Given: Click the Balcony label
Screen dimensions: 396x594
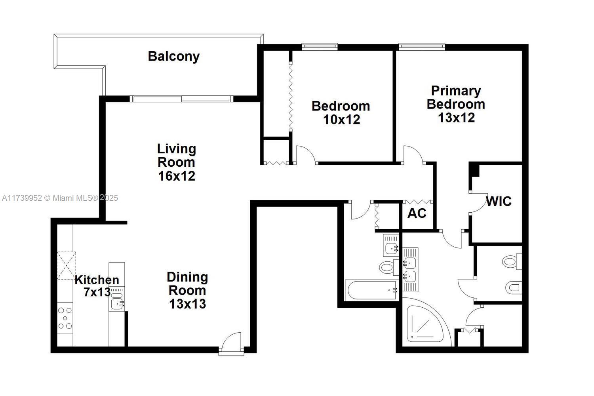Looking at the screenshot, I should point(173,56).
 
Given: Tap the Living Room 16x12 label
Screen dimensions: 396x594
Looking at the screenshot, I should point(177,162).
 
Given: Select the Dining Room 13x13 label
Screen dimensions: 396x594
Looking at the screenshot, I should point(187,290).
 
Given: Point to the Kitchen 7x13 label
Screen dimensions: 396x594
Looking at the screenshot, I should point(97,286).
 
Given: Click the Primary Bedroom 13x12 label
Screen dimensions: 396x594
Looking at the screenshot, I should point(456,104).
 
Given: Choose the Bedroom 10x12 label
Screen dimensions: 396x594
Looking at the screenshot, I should point(341,112).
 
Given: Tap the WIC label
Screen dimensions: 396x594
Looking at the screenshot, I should point(499,201).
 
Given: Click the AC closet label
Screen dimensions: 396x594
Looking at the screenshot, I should point(417,213).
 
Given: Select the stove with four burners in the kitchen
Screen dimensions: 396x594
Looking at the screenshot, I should point(65,318).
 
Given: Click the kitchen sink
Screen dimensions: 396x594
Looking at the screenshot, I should point(117,304).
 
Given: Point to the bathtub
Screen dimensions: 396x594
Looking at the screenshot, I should point(371,290).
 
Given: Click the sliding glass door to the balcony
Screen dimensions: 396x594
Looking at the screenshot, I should point(182,99).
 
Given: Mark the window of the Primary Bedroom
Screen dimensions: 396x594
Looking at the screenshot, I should point(421,47).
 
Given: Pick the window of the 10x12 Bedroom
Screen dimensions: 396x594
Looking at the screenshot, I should point(320,47).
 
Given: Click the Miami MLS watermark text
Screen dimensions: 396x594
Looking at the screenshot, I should point(60,198).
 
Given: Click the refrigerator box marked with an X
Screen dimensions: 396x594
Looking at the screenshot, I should point(66,265).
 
